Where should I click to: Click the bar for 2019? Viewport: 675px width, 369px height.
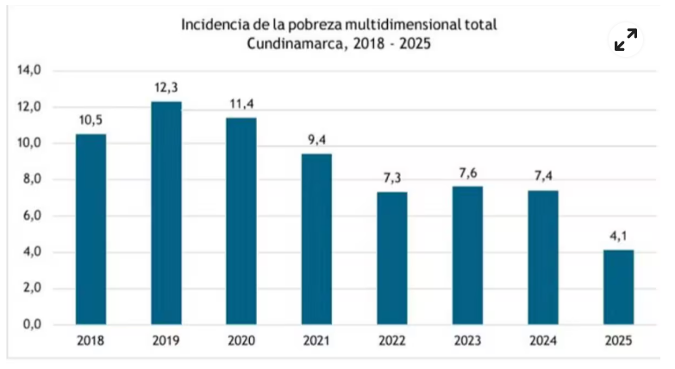tap(166, 213)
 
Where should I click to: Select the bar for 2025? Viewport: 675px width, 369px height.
tap(618, 287)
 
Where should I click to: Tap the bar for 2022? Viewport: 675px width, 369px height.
tap(392, 258)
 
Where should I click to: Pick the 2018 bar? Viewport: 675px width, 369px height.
tap(91, 229)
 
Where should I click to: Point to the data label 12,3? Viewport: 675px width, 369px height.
tap(166, 89)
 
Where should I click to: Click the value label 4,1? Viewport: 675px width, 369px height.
tap(618, 237)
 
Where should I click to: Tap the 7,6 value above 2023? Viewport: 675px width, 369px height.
tap(467, 173)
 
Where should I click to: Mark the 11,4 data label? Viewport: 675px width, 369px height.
tap(241, 104)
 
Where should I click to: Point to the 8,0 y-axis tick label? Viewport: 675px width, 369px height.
tap(31, 179)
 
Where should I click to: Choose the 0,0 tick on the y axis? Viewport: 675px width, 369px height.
tap(31, 324)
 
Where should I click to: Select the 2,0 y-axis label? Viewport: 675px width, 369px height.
tap(31, 288)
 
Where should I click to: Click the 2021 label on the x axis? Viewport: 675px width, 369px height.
tap(317, 341)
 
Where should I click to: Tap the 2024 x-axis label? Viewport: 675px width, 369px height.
tap(543, 341)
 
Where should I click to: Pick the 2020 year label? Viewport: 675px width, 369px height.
tap(241, 341)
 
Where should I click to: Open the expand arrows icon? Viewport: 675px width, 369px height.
tap(626, 40)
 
